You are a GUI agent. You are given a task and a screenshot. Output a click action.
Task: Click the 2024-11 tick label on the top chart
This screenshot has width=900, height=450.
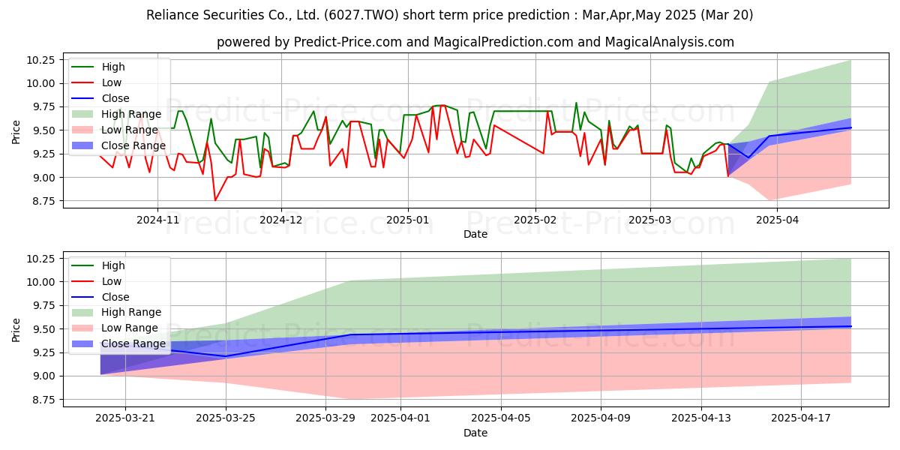coord(157,220)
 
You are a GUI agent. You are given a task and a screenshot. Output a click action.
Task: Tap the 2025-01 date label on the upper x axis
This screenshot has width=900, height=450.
coord(408,220)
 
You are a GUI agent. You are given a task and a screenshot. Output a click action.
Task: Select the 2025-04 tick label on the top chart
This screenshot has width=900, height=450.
coord(777,220)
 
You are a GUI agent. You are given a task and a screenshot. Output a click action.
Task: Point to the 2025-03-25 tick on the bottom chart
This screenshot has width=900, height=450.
coord(226,418)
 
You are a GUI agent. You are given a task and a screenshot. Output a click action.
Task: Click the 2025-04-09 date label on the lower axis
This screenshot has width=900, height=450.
coord(601,418)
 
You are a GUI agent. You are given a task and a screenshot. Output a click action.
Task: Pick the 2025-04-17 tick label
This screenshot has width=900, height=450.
coord(801,418)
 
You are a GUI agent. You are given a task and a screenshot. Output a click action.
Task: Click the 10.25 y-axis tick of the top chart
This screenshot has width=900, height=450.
coord(40,60)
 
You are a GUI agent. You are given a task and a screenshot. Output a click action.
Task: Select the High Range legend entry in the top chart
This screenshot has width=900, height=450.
coord(116,114)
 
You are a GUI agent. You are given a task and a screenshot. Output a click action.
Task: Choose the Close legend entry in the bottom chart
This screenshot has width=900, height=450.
coord(100,297)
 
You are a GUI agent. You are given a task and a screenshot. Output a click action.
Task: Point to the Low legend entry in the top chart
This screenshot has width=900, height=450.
coord(97,82)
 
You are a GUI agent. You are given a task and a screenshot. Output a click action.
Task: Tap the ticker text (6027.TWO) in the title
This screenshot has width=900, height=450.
coord(361,15)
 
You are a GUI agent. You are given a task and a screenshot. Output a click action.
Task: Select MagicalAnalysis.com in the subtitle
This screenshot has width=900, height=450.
coord(669,42)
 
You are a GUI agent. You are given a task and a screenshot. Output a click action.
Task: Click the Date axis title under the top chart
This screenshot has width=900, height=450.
coord(475,234)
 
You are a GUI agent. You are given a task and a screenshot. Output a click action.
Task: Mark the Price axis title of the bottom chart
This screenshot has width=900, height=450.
coord(16,330)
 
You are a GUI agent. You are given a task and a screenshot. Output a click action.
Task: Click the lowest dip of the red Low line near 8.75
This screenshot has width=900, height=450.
coord(215,200)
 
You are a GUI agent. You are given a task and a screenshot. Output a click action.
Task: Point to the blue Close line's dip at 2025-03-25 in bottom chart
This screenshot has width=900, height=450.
coord(226,356)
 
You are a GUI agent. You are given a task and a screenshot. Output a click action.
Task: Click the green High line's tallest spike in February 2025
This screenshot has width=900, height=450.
coord(576,103)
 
